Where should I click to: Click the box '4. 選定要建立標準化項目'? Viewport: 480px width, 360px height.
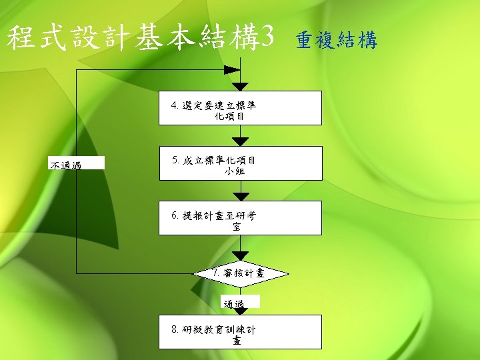[x=240, y=108]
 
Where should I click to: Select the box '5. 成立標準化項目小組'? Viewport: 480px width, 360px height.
[x=240, y=163]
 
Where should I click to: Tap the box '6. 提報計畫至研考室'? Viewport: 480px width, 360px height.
[x=240, y=218]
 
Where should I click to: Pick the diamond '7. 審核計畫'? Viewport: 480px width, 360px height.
[x=241, y=273]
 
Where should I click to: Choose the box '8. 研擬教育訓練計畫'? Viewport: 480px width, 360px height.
[x=240, y=332]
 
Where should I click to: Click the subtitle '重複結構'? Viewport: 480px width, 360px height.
[x=337, y=41]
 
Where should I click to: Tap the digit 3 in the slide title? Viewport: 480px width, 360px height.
[x=267, y=39]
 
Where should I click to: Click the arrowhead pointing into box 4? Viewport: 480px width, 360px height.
[x=240, y=87]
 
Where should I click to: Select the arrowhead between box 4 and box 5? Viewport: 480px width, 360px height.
[x=240, y=141]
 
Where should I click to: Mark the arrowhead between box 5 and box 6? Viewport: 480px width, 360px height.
[x=240, y=196]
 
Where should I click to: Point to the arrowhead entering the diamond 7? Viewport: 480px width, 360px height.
[x=240, y=256]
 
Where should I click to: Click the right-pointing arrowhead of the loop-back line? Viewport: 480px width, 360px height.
[x=232, y=69]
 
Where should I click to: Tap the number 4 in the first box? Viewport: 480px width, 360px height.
[x=175, y=105]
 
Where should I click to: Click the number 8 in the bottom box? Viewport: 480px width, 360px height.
[x=175, y=329]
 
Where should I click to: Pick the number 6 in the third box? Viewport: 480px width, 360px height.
[x=175, y=215]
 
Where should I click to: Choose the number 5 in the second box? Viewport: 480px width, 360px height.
[x=175, y=160]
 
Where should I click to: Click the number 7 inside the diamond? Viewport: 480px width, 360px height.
[x=215, y=273]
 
